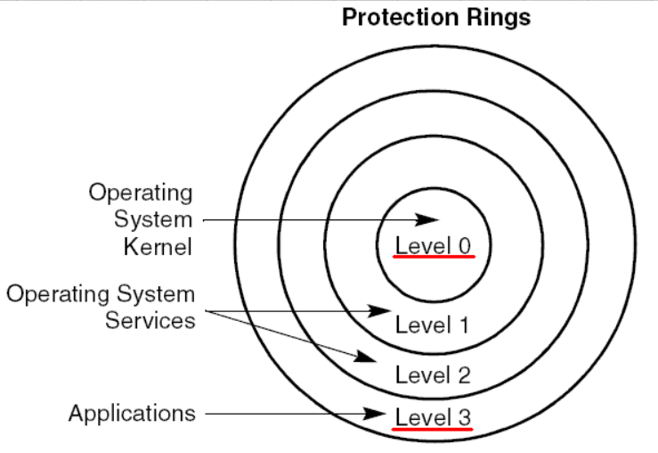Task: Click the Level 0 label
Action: pyautogui.click(x=433, y=244)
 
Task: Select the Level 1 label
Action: pyautogui.click(x=433, y=325)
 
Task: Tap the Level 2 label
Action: pyautogui.click(x=433, y=375)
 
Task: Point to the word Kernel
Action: pyautogui.click(x=158, y=247)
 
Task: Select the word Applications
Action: pyautogui.click(x=132, y=414)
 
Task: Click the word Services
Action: pyautogui.click(x=150, y=320)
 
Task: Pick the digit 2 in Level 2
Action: pyautogui.click(x=463, y=375)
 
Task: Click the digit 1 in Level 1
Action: pyautogui.click(x=463, y=325)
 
